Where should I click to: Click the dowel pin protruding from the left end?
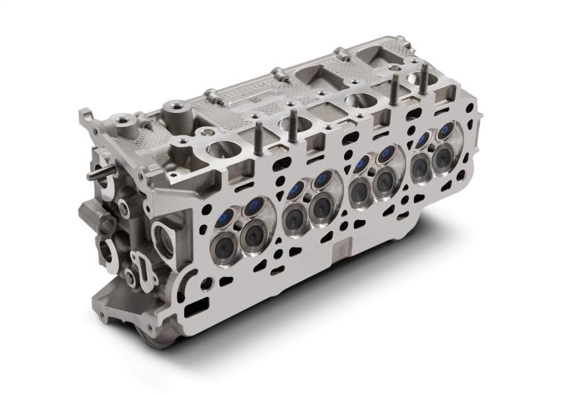(97, 173)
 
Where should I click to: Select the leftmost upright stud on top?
(259, 134)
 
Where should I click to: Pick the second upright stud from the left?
(292, 121)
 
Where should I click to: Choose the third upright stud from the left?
(394, 88)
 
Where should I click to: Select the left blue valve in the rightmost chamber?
(422, 140)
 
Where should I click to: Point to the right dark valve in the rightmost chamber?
(443, 159)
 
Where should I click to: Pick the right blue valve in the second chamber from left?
(324, 178)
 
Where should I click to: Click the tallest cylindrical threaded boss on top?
(173, 113)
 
